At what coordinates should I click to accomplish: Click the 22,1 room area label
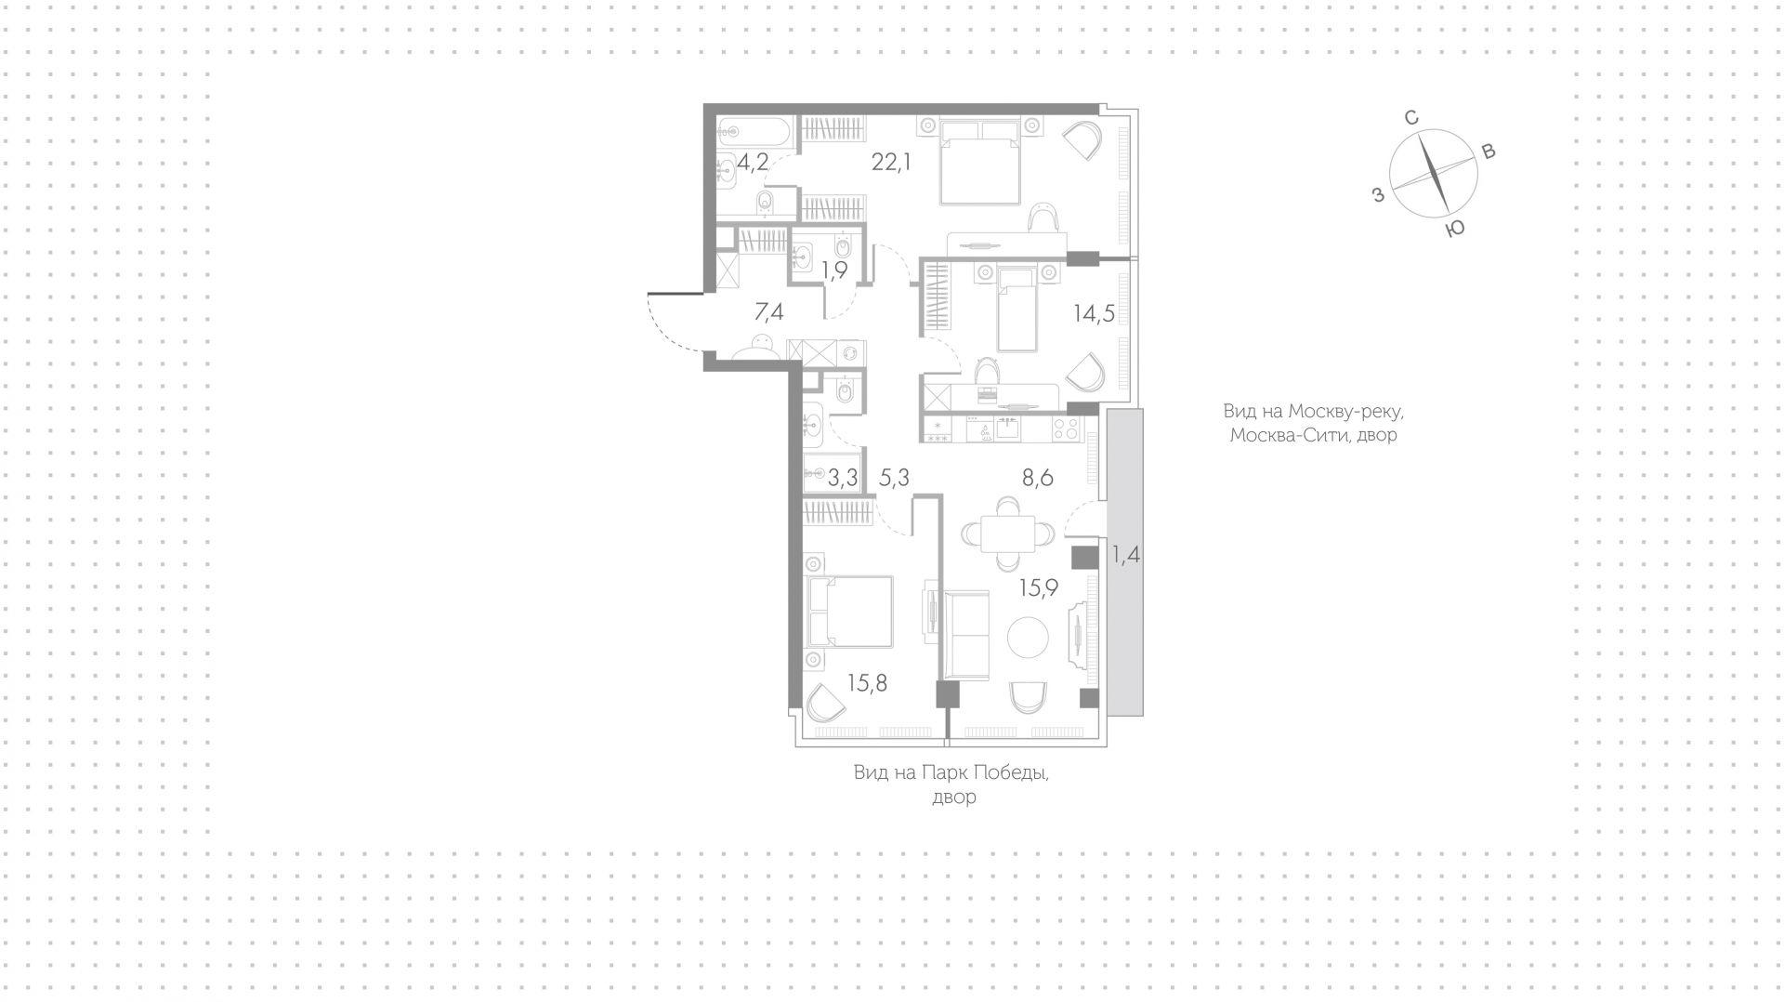click(241, 163)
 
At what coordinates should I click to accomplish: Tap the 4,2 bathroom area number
click(753, 164)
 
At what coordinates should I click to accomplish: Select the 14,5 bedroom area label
click(1094, 313)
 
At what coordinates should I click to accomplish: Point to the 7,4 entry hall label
click(768, 312)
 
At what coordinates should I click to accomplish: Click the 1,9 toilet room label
click(833, 270)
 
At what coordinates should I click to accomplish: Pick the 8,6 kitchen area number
click(1037, 479)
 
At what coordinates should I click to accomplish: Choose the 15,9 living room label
click(1039, 587)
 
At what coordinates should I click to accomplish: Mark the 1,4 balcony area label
click(1125, 556)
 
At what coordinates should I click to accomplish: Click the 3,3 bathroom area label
click(843, 479)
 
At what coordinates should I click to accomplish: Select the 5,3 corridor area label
click(894, 479)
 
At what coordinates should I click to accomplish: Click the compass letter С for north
click(1410, 118)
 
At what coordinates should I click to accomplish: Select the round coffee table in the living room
click(1029, 638)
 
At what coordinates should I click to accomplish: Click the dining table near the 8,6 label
click(1008, 533)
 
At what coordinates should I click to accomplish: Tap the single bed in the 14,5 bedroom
click(1017, 310)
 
